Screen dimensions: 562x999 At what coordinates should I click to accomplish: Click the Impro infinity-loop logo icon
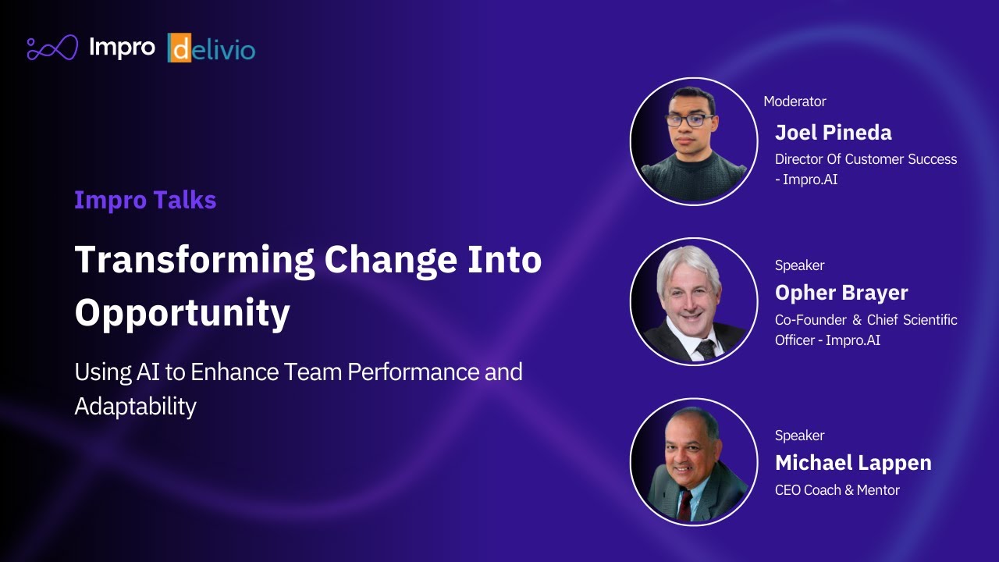tap(52, 48)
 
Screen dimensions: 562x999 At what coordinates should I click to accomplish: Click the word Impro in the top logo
tap(122, 48)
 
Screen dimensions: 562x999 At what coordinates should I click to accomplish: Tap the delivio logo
tap(212, 49)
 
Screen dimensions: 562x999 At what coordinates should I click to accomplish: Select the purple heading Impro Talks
tap(145, 200)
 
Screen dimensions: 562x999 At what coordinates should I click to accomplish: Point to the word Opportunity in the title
tap(182, 313)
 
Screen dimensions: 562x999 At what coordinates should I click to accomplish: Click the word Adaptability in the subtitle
tap(135, 406)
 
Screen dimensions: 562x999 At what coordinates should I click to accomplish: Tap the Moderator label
tap(795, 101)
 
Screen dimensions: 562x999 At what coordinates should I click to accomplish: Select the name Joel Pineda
tap(833, 132)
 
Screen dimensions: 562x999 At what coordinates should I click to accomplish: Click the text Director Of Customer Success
tap(866, 159)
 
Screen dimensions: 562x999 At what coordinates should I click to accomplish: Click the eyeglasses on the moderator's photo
tap(690, 120)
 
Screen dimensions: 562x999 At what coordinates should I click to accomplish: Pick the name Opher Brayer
tap(841, 293)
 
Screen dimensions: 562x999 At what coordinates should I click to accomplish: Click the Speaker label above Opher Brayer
tap(799, 265)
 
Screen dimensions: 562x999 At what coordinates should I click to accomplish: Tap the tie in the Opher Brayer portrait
tap(706, 348)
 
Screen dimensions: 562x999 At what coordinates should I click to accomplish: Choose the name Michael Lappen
tap(853, 463)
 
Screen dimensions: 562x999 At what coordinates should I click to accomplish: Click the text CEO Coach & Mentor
tap(837, 490)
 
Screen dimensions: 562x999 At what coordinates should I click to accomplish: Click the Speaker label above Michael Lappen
tap(799, 436)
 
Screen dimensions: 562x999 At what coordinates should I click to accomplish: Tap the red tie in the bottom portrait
tap(684, 504)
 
